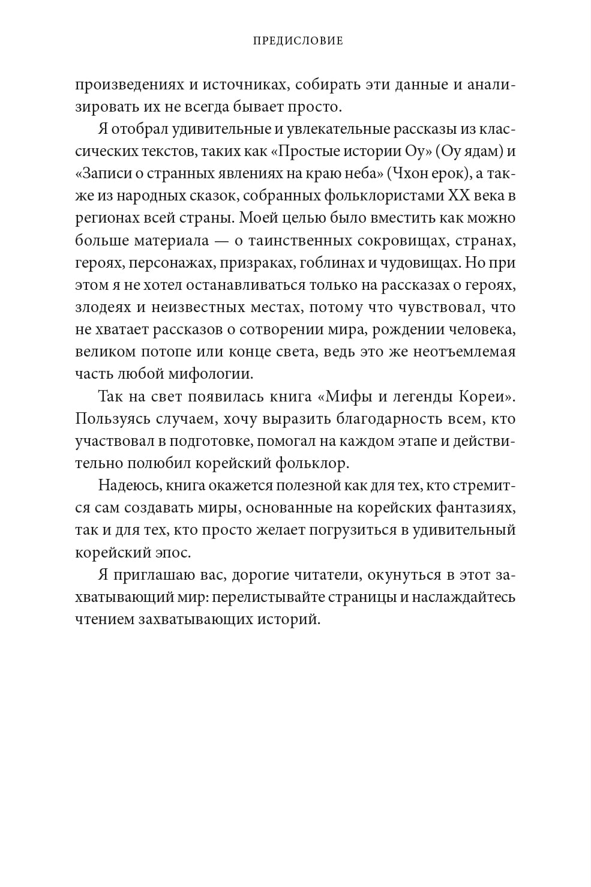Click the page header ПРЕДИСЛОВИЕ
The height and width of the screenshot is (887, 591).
[298, 41]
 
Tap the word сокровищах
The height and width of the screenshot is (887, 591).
[397, 240]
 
